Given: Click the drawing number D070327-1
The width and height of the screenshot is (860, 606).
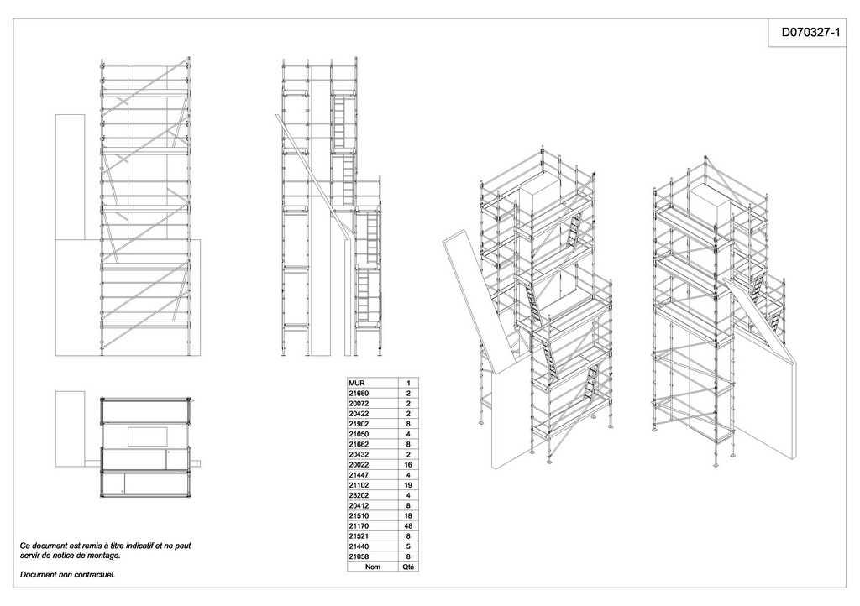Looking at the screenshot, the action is point(810,33).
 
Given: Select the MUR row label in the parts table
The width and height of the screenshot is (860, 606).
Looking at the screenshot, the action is point(357,383).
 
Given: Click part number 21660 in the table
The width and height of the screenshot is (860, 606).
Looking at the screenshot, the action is point(359,394).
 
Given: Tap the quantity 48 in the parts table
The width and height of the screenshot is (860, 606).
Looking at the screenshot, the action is point(407,526).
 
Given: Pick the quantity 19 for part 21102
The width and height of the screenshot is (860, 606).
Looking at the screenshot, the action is point(407,485).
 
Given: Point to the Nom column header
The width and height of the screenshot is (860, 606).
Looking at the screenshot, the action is point(372,567).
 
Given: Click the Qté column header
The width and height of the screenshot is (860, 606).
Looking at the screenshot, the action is point(408,567).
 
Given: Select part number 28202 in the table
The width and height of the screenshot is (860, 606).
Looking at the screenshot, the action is point(359,495).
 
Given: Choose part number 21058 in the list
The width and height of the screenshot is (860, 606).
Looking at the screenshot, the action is point(359,556).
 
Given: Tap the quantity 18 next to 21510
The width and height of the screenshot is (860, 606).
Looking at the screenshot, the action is point(407,516).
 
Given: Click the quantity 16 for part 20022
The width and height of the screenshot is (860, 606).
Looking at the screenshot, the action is point(407,465).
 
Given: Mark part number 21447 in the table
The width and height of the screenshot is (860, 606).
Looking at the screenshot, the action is point(359,475).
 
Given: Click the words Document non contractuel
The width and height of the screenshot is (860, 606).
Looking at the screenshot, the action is point(67,575).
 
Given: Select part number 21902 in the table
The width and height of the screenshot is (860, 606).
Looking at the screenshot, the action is point(359,424).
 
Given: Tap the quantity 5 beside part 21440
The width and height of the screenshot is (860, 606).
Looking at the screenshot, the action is point(408,546).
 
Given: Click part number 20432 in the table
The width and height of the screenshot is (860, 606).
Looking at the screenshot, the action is point(359,455).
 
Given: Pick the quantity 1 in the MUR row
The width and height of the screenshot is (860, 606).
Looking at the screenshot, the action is point(408,383).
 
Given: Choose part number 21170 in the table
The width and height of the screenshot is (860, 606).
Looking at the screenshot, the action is point(359,526).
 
